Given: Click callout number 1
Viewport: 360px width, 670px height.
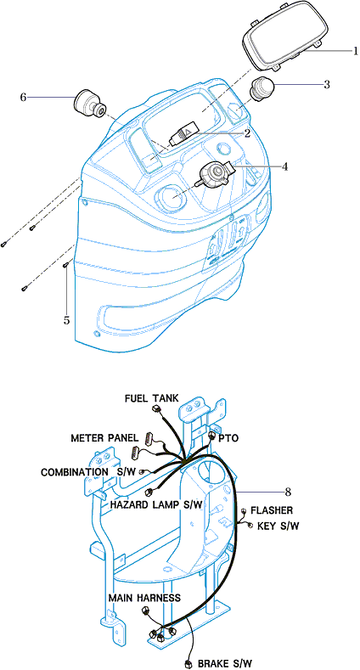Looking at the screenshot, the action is (x=355, y=51).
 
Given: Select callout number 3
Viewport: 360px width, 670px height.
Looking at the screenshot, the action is (x=327, y=84).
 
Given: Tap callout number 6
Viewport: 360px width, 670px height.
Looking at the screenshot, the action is (x=24, y=97).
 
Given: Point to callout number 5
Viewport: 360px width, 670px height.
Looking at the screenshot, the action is (x=66, y=320).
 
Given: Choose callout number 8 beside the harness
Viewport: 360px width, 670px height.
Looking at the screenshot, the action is (x=289, y=492).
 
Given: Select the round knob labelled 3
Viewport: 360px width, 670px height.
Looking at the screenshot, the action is (x=262, y=88).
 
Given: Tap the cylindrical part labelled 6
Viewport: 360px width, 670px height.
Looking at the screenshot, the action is (x=90, y=104).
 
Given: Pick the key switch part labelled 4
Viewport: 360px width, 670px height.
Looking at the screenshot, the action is (x=216, y=173).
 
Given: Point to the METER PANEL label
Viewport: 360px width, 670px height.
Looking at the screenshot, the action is (x=104, y=438).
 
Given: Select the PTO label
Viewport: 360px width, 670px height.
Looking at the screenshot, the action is (x=228, y=439).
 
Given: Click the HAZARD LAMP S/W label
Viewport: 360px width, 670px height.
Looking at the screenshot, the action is (x=156, y=504).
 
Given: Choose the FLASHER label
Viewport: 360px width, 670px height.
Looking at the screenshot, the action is (x=272, y=510).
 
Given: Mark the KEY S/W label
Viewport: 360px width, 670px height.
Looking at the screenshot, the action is (x=278, y=526).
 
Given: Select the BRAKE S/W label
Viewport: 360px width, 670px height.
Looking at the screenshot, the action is (x=225, y=663).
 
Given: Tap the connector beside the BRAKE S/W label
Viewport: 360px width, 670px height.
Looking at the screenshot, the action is (x=188, y=663).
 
